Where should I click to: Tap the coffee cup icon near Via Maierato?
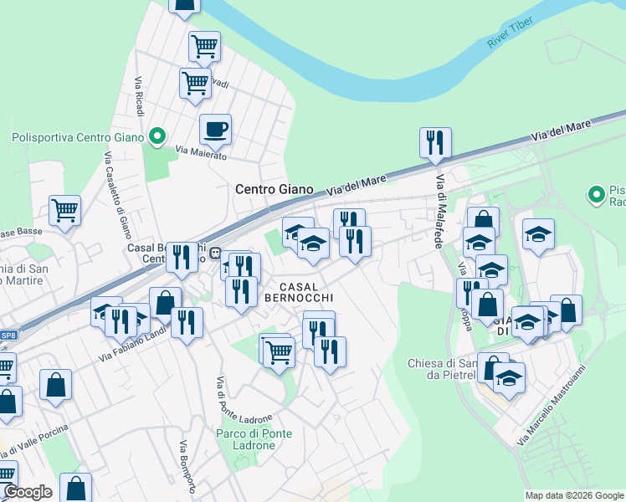coord(215,130)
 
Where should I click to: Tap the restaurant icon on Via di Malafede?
coord(435,144)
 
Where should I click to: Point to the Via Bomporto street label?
coord(187,467)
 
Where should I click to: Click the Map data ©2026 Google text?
coord(573,495)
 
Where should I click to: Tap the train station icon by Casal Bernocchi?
coord(215,254)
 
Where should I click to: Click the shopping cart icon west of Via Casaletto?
coord(64,211)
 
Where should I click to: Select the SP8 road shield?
coord(8,335)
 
